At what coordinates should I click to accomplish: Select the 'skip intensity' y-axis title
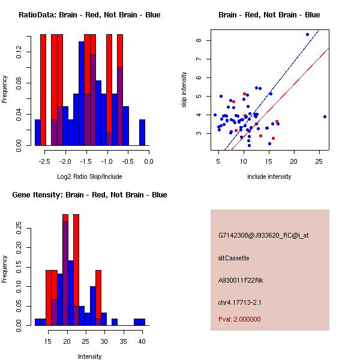click(x=184, y=90)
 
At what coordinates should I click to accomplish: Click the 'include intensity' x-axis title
click(x=269, y=176)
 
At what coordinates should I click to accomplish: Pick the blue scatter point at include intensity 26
click(x=325, y=116)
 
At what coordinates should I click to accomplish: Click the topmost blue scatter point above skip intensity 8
click(x=307, y=34)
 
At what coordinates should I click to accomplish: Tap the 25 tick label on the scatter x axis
click(x=319, y=161)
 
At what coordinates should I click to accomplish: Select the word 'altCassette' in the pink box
click(x=233, y=258)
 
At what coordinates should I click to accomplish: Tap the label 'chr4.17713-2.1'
click(x=239, y=302)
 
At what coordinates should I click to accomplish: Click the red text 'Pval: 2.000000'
click(x=239, y=319)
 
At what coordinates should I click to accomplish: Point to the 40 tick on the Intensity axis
click(x=142, y=341)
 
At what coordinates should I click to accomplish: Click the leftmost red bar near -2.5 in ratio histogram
click(x=43, y=90)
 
